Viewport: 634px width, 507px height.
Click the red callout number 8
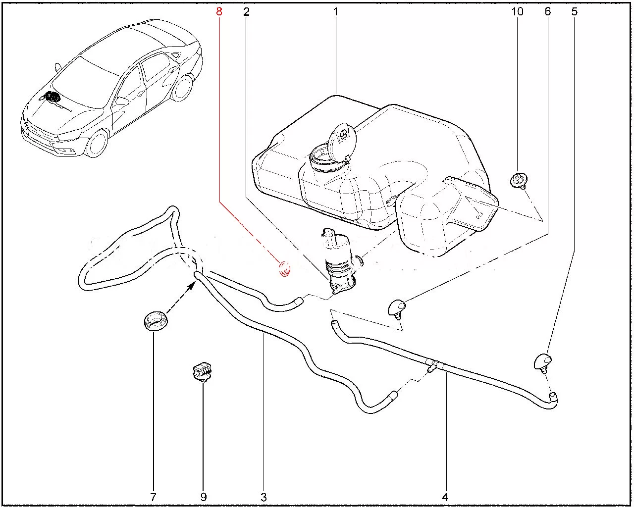pyautogui.click(x=219, y=12)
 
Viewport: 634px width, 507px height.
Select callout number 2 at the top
pyautogui.click(x=246, y=12)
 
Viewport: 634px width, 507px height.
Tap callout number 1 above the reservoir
pyautogui.click(x=335, y=12)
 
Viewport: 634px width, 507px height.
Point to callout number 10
pyautogui.click(x=517, y=11)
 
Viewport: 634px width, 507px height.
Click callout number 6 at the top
pyautogui.click(x=548, y=11)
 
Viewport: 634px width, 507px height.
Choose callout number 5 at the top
pyautogui.click(x=575, y=11)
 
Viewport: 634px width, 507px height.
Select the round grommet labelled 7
pyautogui.click(x=156, y=320)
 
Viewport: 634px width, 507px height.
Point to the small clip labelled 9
pyautogui.click(x=202, y=373)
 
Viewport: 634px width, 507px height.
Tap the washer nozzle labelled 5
pyautogui.click(x=542, y=363)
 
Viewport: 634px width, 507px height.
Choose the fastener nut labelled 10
pyautogui.click(x=519, y=180)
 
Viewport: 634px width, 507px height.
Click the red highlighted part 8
pyautogui.click(x=285, y=269)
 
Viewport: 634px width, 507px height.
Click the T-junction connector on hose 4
pyautogui.click(x=433, y=366)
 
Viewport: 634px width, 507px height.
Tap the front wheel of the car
pyautogui.click(x=98, y=144)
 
